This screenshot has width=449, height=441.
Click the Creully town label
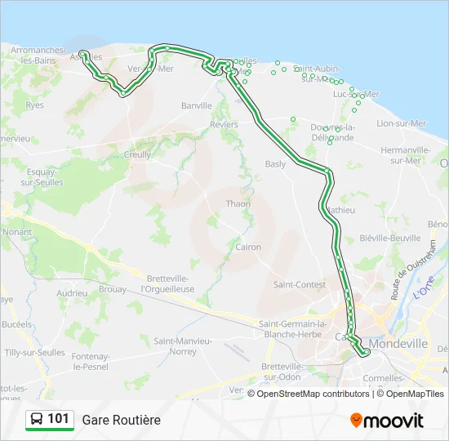[137, 154]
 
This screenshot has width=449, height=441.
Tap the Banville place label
[197, 105]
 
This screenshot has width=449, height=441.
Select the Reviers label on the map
[224, 125]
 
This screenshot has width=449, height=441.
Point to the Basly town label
[275, 163]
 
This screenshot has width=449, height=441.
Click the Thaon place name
[238, 204]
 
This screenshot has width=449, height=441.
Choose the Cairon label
[248, 247]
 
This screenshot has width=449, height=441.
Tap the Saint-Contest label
[298, 285]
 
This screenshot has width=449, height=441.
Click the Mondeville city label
[398, 345]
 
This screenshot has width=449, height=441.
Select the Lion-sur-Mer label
[401, 123]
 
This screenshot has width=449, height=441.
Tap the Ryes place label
[34, 105]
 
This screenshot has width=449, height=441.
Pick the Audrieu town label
[72, 293]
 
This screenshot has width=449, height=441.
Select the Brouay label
[114, 289]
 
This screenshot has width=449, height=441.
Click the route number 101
[59, 419]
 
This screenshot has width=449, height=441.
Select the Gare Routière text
[121, 420]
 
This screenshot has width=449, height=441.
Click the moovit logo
[387, 420]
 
